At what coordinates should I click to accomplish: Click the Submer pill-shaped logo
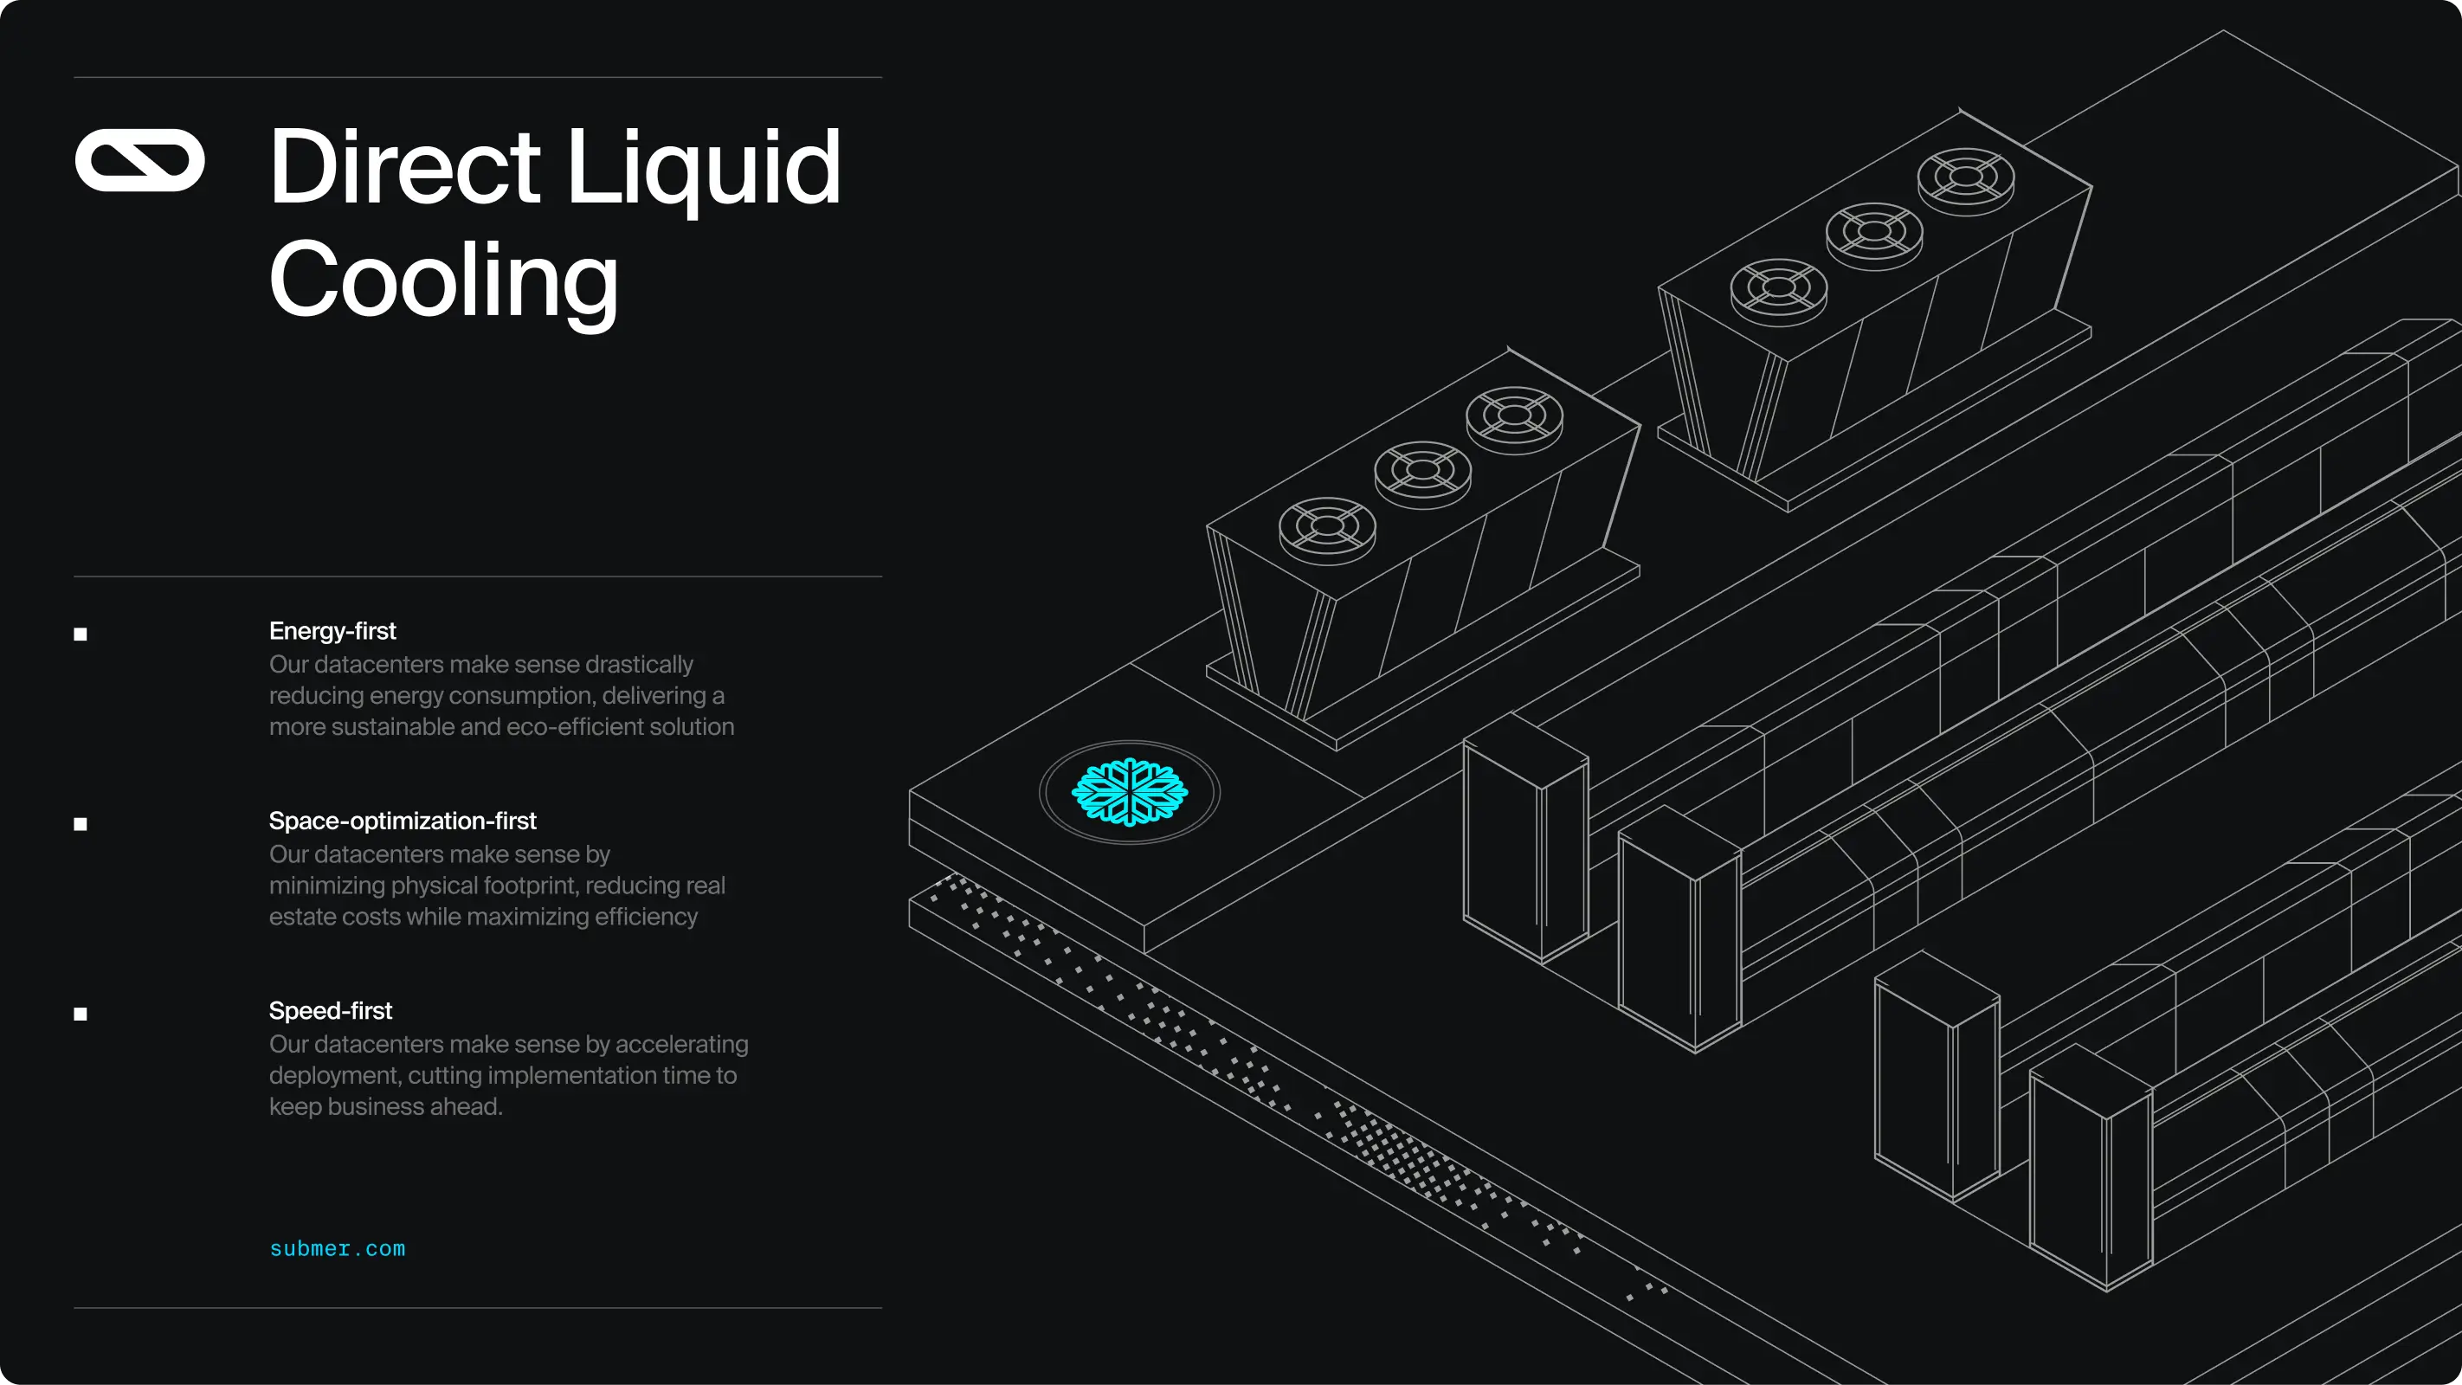click(139, 159)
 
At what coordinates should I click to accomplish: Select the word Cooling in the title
click(443, 280)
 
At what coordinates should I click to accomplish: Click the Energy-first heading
click(332, 631)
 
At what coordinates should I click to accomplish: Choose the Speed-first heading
click(330, 1010)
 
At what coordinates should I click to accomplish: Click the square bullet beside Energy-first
click(81, 634)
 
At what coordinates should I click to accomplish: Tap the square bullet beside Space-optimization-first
click(81, 824)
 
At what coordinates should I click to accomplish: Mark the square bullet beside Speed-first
click(81, 1015)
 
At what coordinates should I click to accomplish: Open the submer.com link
click(337, 1248)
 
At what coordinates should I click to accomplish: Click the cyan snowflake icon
click(1129, 791)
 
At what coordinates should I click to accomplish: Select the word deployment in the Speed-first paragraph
click(334, 1075)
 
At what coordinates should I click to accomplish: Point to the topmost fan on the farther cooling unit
click(1965, 177)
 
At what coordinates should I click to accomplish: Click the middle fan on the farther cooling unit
click(1873, 232)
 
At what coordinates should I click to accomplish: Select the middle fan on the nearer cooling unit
click(1422, 470)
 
